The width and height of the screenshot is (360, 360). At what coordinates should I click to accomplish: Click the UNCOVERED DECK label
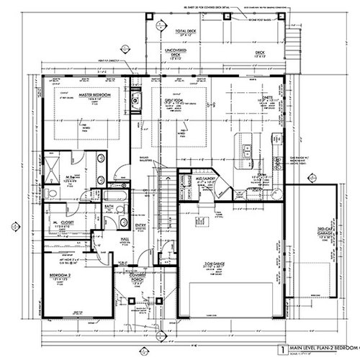(x=174, y=52)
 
